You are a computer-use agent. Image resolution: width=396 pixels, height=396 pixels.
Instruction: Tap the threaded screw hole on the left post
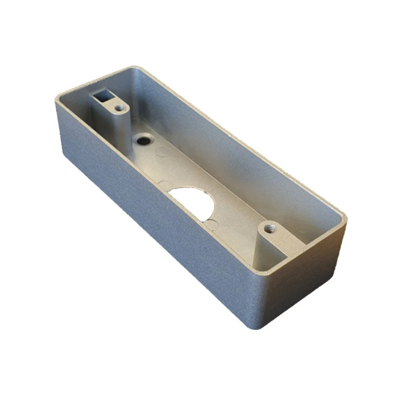pos(118,107)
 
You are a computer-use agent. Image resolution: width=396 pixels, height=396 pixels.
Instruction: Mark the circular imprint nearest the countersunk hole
pos(162,151)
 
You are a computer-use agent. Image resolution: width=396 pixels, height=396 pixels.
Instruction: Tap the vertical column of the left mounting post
pos(119,127)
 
